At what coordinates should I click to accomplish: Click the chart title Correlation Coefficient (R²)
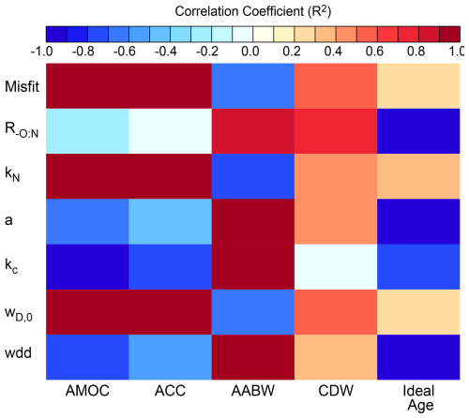(x=252, y=11)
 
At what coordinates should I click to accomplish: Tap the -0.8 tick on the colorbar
(x=83, y=51)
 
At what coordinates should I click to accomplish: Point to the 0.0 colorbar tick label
(x=250, y=51)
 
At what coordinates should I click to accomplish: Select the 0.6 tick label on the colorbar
(x=374, y=51)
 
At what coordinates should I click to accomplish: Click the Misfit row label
(x=22, y=86)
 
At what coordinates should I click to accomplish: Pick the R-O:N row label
(x=22, y=130)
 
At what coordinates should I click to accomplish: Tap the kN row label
(x=12, y=173)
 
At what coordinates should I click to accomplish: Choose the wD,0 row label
(x=19, y=314)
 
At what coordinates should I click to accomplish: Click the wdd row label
(x=18, y=352)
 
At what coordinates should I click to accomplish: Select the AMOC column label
(x=87, y=391)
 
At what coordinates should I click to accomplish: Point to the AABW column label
(x=253, y=391)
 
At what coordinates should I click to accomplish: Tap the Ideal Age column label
(x=418, y=397)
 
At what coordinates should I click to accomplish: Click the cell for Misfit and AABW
(x=253, y=86)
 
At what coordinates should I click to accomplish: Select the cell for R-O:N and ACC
(x=170, y=131)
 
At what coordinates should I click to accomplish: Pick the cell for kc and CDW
(x=336, y=267)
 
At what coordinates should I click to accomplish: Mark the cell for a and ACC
(x=170, y=221)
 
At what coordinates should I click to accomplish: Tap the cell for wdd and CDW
(x=336, y=357)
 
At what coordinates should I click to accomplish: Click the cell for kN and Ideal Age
(x=418, y=176)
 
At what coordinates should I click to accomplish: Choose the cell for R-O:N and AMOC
(x=87, y=131)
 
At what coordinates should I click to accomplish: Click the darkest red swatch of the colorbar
(x=449, y=34)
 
